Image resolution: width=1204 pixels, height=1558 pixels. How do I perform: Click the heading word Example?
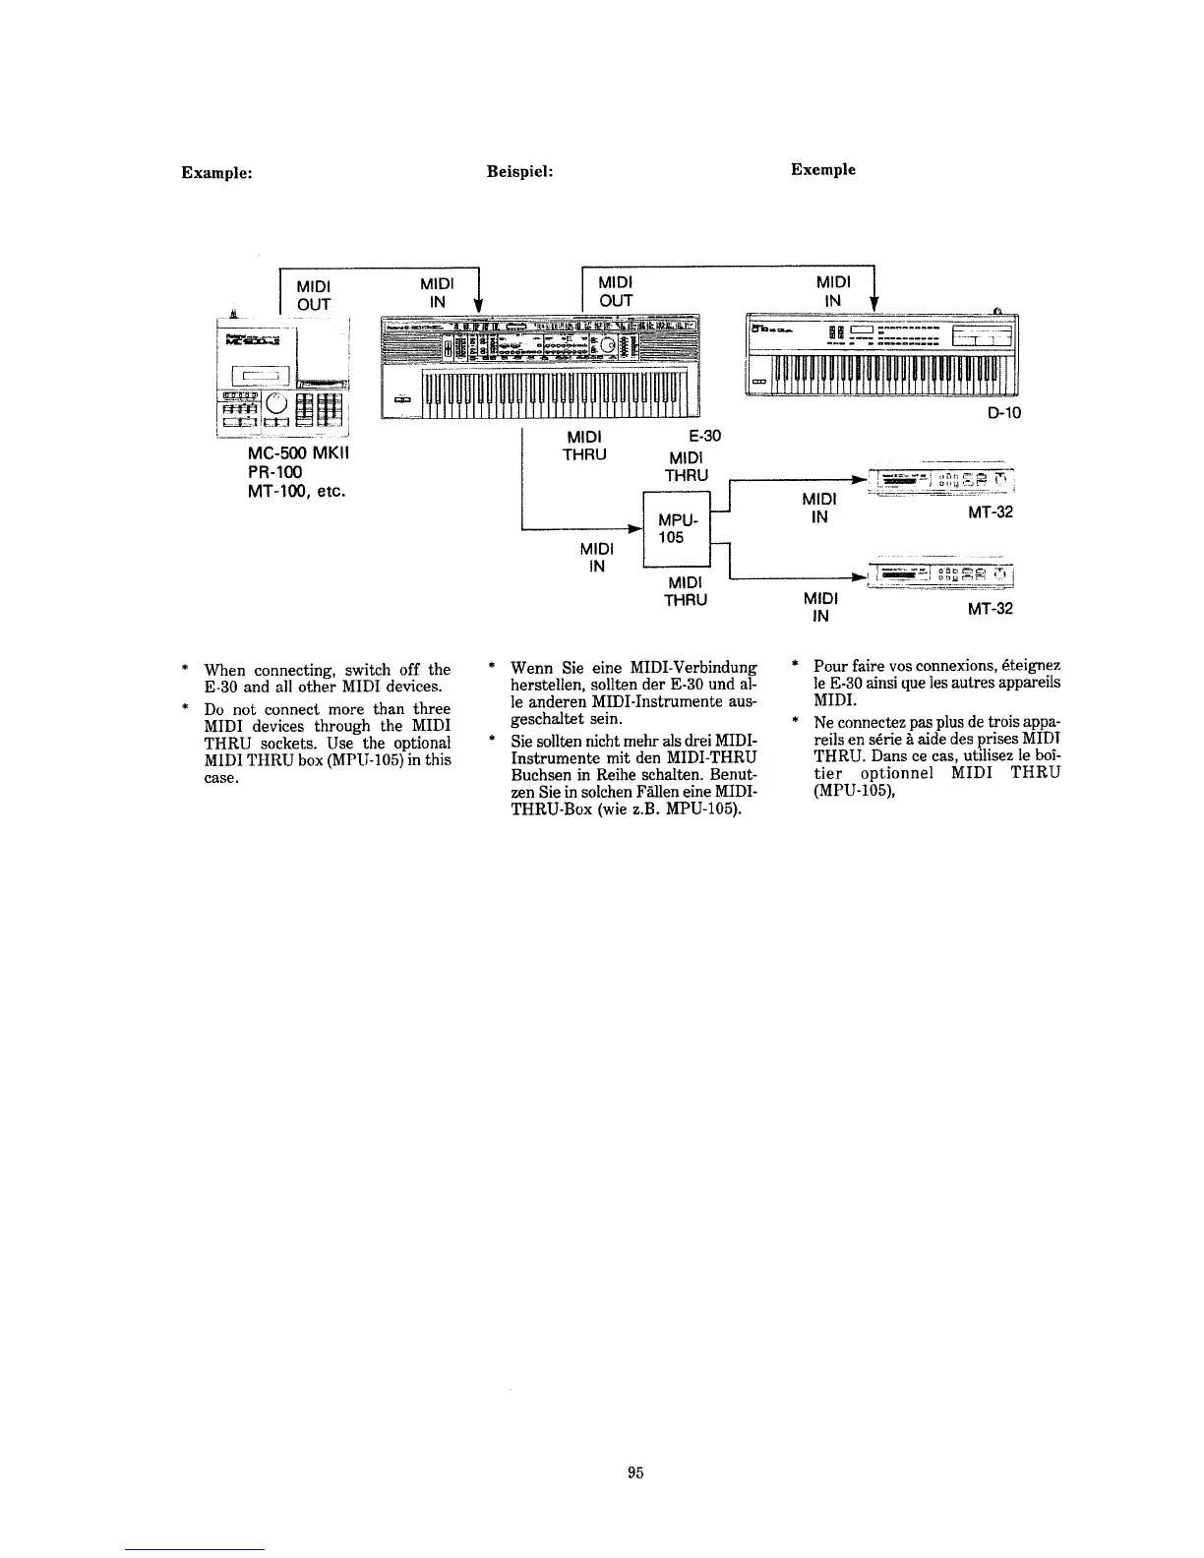click(x=217, y=171)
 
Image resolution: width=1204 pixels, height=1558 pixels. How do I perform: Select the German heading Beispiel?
click(x=520, y=171)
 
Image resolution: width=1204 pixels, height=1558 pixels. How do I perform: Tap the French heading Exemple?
click(x=822, y=169)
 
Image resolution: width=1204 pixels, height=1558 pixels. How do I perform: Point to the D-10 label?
click(x=1003, y=413)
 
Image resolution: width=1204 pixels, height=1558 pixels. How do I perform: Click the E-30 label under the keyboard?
click(x=706, y=437)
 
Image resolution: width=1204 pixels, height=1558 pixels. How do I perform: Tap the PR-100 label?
click(x=275, y=472)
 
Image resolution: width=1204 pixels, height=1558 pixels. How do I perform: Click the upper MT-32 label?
click(x=990, y=512)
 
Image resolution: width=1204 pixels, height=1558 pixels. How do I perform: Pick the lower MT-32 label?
click(x=990, y=609)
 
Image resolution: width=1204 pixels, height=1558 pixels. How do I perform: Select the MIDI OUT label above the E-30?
click(x=616, y=291)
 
